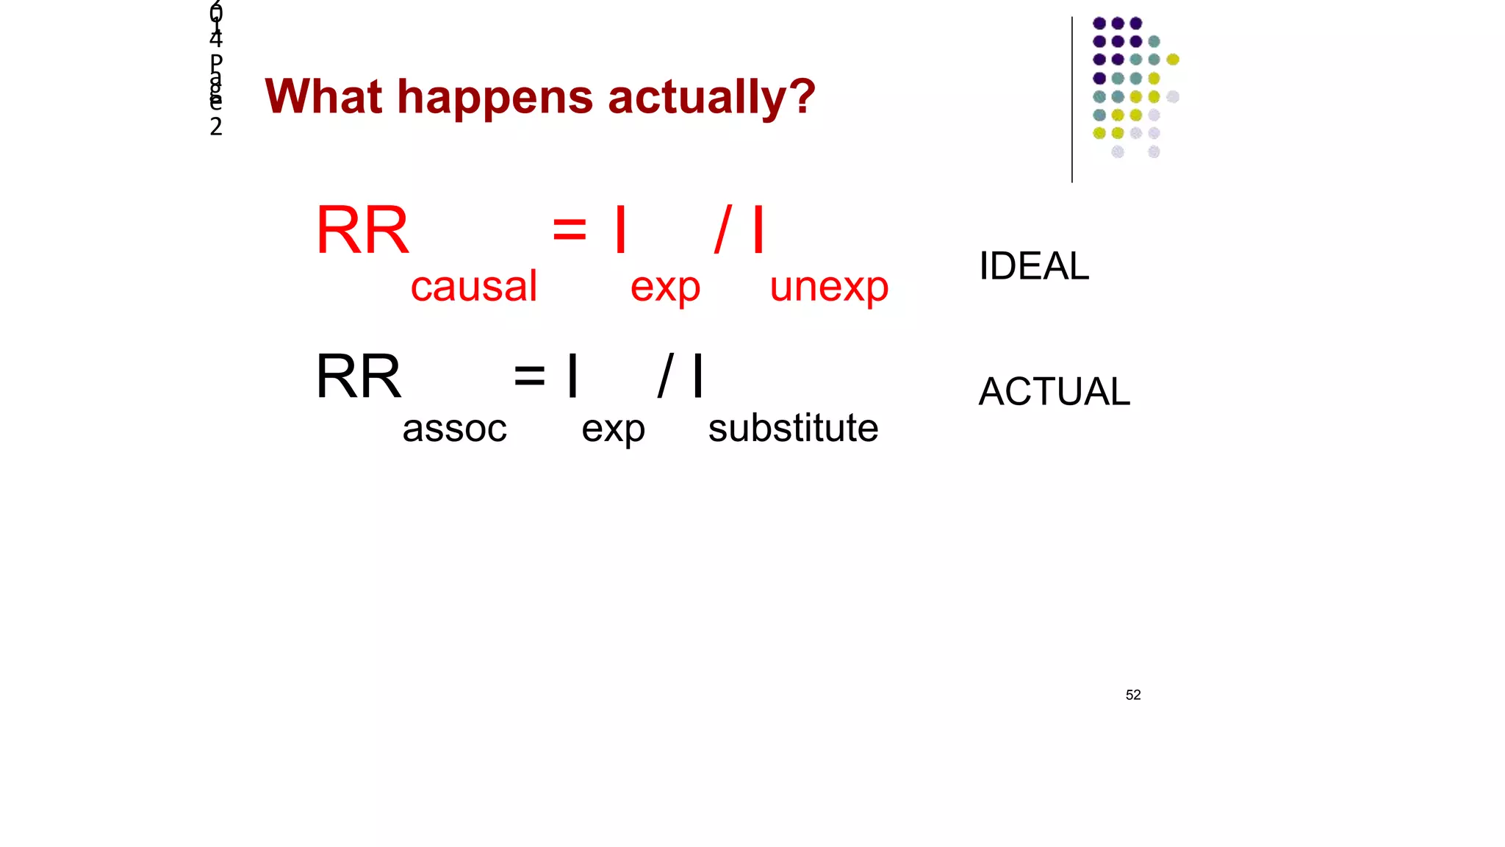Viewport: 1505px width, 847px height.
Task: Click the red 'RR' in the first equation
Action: point(362,230)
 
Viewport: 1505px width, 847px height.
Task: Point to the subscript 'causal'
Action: point(474,286)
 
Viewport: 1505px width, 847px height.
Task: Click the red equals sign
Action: point(570,229)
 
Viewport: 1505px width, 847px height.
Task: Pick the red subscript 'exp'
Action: point(665,287)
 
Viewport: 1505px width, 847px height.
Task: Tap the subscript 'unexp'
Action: point(829,287)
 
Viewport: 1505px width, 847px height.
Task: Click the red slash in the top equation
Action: point(723,229)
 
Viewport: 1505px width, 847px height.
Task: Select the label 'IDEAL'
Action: point(1033,265)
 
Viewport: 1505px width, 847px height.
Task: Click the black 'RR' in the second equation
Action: point(359,376)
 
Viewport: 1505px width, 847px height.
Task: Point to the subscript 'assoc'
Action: point(454,428)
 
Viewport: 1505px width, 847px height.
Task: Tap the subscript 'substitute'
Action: point(793,428)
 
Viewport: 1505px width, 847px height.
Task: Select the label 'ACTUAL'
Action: point(1054,391)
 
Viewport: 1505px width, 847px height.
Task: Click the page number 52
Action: point(1132,695)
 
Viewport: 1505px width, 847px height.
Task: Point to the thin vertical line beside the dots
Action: point(1072,99)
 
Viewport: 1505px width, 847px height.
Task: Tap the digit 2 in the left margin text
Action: point(215,126)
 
